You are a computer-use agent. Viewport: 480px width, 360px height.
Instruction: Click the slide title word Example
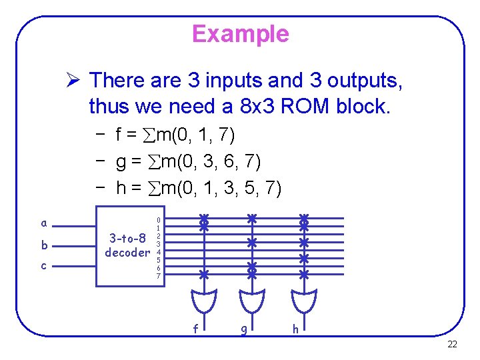point(240,33)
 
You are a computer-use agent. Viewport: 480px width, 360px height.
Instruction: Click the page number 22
point(452,345)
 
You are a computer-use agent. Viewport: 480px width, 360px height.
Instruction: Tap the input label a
point(44,223)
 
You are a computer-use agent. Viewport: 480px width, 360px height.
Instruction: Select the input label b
point(44,245)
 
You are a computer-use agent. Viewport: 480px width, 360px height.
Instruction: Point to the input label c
point(44,266)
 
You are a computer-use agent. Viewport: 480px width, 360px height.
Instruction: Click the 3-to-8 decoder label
point(127,245)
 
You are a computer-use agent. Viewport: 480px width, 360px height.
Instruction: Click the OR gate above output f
point(205,300)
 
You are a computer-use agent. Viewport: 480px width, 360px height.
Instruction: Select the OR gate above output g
point(252,300)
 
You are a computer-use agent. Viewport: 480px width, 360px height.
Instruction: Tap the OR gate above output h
point(304,300)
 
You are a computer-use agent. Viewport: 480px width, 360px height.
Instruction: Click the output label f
point(195,328)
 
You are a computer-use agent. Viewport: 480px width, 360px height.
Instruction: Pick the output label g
point(244,329)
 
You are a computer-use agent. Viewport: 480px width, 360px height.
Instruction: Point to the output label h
point(295,328)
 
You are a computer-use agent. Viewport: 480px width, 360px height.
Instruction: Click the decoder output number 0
point(158,219)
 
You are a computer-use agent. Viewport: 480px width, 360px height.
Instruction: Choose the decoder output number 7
point(158,276)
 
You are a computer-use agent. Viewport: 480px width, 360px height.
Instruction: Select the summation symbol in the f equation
point(147,136)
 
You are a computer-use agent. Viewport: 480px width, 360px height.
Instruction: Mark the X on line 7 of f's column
point(205,274)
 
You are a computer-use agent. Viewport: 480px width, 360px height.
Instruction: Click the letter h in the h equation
point(121,189)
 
